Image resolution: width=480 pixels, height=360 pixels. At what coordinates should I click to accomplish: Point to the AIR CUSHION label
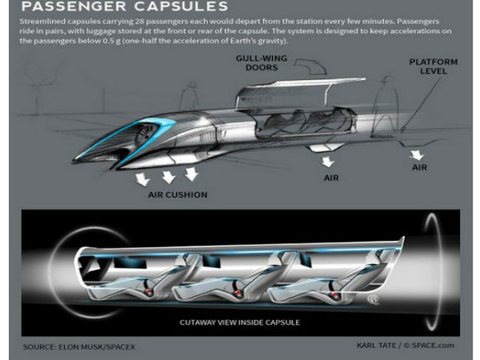click(x=178, y=194)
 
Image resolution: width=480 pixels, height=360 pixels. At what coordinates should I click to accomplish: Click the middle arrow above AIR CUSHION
click(x=168, y=177)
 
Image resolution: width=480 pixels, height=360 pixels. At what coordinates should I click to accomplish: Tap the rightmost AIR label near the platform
click(x=420, y=168)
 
